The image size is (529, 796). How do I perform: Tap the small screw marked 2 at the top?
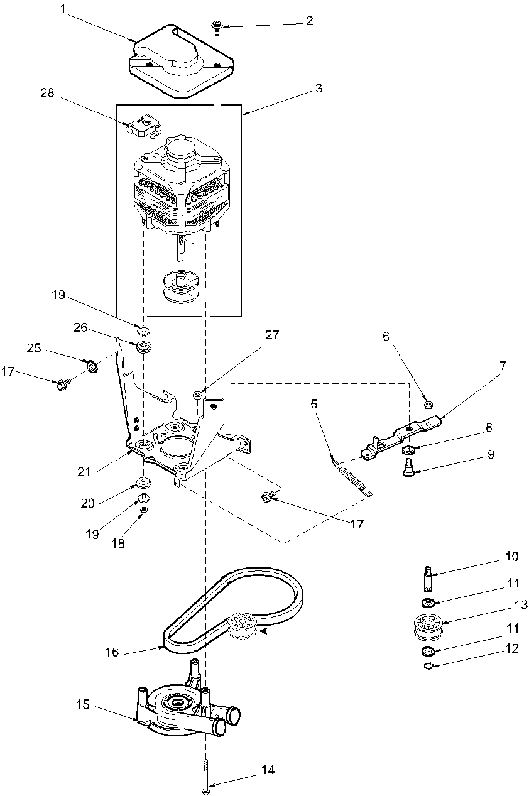217,25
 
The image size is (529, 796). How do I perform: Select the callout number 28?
48,93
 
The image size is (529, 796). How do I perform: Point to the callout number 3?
319,89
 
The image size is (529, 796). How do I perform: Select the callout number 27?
271,335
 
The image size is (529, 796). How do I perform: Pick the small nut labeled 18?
143,510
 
